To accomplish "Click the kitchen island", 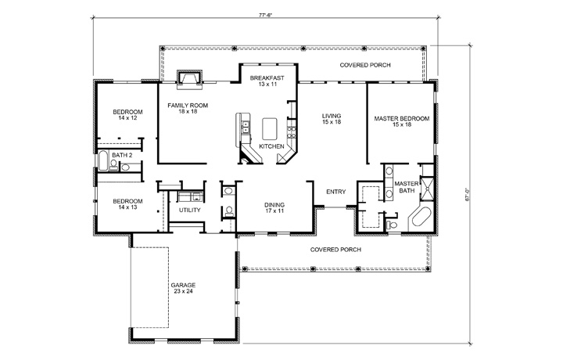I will point(270,127).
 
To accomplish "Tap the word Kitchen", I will point(271,146).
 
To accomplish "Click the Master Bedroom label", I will point(402,121).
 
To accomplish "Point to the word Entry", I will point(335,192).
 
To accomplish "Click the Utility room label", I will point(189,211).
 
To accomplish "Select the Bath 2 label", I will point(120,156).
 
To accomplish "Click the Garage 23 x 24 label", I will point(183,288).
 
